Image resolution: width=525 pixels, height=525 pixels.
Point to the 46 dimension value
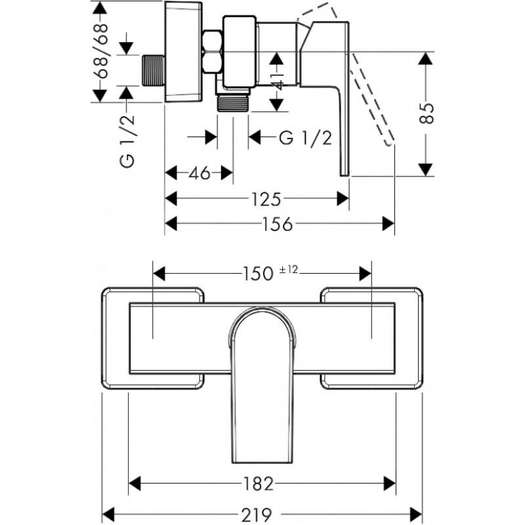(199, 173)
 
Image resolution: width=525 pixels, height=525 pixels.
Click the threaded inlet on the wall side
(153, 70)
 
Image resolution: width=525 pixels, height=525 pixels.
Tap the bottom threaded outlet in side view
(233, 102)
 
